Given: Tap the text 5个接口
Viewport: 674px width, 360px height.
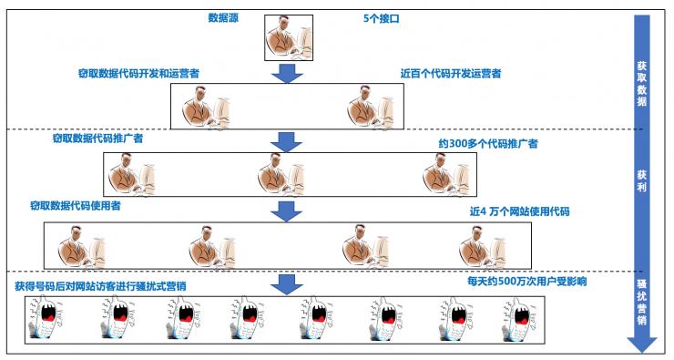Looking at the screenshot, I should [x=383, y=17].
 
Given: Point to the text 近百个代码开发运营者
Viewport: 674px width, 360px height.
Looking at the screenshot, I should [x=450, y=72].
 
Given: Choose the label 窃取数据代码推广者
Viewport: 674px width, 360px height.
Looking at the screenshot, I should [x=98, y=141].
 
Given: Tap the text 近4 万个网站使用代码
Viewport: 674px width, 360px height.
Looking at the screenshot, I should [x=519, y=211].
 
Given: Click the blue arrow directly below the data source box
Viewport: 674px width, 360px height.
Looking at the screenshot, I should [x=288, y=73].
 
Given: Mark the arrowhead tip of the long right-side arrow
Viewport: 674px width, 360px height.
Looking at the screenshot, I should [x=641, y=350].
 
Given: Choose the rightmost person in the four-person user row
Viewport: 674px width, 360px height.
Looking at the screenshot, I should [x=481, y=246].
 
